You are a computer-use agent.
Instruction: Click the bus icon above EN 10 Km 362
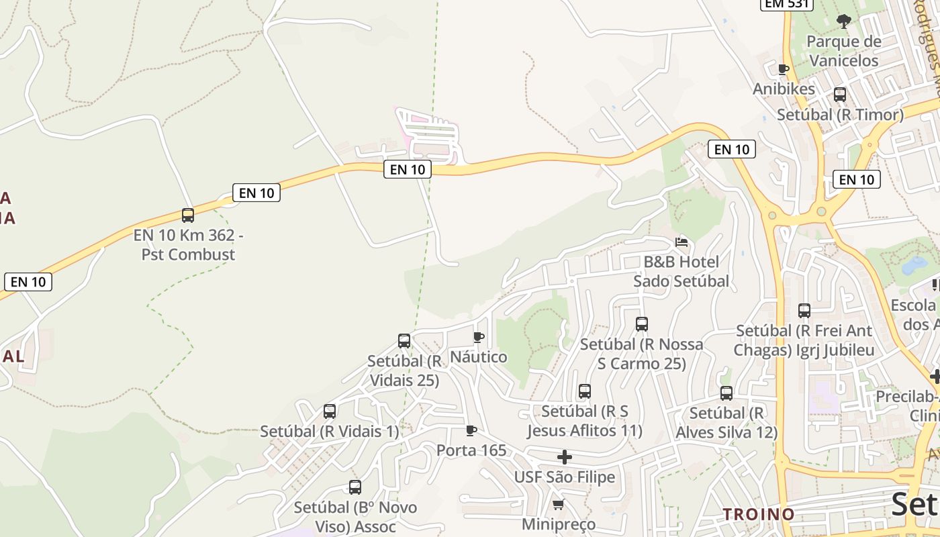[188, 215]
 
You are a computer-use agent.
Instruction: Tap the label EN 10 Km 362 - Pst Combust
[188, 245]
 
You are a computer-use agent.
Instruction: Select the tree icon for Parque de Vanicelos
[844, 21]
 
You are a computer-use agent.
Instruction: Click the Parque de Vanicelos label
[843, 51]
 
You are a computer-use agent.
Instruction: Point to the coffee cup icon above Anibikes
[783, 68]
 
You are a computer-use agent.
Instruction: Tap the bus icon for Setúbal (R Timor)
[840, 95]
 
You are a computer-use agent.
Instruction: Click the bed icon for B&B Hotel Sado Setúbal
[681, 242]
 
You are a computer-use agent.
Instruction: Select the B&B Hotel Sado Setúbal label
[681, 271]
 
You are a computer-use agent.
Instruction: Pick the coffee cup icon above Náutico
[479, 337]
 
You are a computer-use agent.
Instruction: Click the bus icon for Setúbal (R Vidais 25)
[404, 340]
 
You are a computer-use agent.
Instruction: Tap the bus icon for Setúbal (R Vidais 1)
[330, 411]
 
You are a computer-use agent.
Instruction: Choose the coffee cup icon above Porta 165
[471, 430]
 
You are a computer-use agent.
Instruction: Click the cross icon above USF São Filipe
[565, 457]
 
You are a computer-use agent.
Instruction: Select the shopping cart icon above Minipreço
[558, 504]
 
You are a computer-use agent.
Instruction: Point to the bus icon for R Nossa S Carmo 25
[642, 324]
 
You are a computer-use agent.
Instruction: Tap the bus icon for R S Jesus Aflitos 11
[585, 391]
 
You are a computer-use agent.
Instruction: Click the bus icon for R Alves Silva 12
[726, 393]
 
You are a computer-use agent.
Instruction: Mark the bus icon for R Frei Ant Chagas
[804, 311]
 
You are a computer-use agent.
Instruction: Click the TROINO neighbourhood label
[758, 514]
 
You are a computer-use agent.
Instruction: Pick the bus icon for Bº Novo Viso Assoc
[355, 487]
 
